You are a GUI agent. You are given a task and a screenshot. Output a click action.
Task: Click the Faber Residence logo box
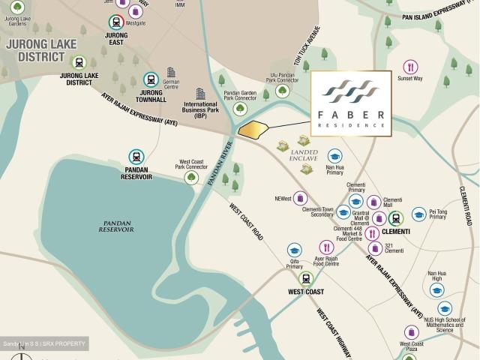pyautogui.click(x=351, y=103)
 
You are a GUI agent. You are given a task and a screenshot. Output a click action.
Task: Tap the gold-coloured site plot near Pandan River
pyautogui.click(x=253, y=129)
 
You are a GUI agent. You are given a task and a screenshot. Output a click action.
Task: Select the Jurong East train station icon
pyautogui.click(x=117, y=22)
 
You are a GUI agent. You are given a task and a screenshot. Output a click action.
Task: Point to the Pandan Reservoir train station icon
pyautogui.click(x=136, y=157)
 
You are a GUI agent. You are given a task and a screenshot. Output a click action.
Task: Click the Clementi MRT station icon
pyautogui.click(x=395, y=218)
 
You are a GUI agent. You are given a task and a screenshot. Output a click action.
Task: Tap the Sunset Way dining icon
pyautogui.click(x=410, y=67)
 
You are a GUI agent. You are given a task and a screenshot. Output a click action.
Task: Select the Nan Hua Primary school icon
pyautogui.click(x=334, y=156)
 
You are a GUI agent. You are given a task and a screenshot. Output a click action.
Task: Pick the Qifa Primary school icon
pyautogui.click(x=294, y=250)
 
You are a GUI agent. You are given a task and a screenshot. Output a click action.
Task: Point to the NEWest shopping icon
pyautogui.click(x=301, y=199)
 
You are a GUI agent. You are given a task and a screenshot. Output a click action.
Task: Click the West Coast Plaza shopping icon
pyautogui.click(x=411, y=332)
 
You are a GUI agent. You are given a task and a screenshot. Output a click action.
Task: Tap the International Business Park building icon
pyautogui.click(x=200, y=94)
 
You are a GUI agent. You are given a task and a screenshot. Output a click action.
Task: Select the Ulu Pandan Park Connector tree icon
pyautogui.click(x=282, y=91)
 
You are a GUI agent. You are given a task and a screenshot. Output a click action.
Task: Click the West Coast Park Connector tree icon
pyautogui.click(x=191, y=178)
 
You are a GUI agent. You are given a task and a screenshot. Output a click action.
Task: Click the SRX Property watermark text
pyautogui.click(x=44, y=344)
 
